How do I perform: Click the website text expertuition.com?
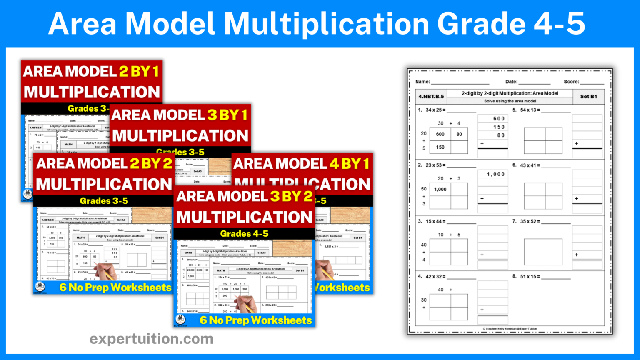(151, 339)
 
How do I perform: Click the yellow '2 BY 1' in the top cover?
(139, 72)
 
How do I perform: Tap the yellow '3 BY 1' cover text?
(227, 115)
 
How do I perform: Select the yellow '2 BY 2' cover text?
(151, 164)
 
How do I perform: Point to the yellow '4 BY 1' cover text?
(349, 164)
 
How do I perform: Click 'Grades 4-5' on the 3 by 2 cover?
(244, 234)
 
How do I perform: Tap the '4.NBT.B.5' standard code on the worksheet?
(431, 96)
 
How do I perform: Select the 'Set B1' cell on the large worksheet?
(588, 96)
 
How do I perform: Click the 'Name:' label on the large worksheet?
(422, 82)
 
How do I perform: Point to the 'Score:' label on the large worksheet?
(571, 82)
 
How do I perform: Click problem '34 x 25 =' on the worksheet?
(435, 110)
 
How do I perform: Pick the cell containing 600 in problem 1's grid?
(440, 134)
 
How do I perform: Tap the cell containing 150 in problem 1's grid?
(440, 147)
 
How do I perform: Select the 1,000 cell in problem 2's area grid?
(440, 189)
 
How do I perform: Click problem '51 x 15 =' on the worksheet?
(530, 276)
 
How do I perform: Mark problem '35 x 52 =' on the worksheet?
(530, 221)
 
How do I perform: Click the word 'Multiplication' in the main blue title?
(329, 24)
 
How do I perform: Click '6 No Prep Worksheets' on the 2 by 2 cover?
(115, 287)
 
